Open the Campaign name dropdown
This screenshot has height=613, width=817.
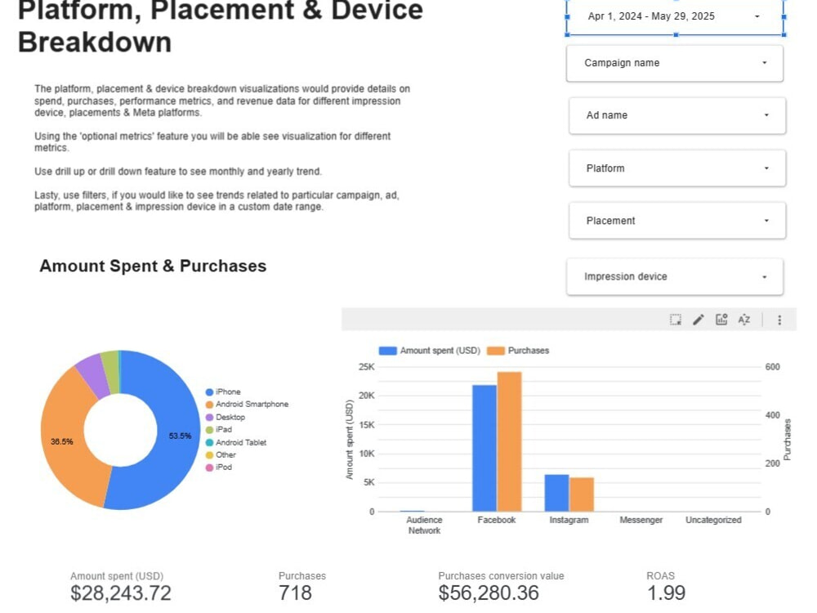[x=674, y=63]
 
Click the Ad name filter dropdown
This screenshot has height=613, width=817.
[x=676, y=115]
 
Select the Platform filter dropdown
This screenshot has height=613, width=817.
[x=676, y=168]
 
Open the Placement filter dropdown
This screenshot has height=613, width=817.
[x=676, y=221]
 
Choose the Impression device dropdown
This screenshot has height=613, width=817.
[x=674, y=276]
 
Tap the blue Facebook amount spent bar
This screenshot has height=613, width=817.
[x=484, y=448]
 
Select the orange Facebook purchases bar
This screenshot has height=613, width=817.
[x=509, y=441]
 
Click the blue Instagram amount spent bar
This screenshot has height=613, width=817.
[x=556, y=493]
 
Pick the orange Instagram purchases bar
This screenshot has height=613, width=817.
[x=582, y=494]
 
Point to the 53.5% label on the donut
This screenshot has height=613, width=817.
[x=180, y=436]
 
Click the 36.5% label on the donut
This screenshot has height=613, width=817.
[x=61, y=441]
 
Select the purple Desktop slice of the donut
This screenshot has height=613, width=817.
[x=92, y=375]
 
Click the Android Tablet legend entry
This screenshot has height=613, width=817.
[x=236, y=442]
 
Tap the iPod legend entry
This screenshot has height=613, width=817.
[x=219, y=468]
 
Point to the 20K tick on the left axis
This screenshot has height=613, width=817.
[x=366, y=396]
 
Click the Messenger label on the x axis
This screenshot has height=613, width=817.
[x=641, y=520]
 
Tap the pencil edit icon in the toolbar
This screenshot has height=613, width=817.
[x=699, y=320]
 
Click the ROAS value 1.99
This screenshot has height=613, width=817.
[x=666, y=593]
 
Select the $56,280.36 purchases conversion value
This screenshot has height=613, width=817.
[x=489, y=593]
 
